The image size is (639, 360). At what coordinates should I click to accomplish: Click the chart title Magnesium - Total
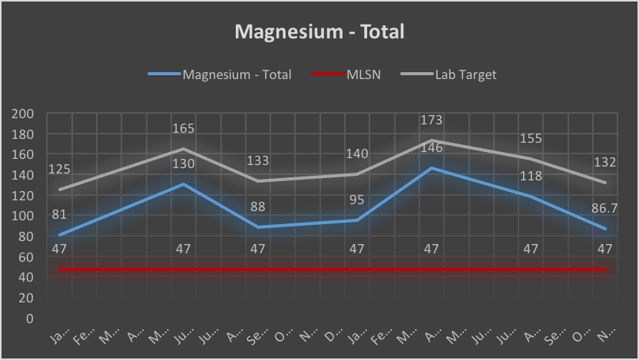pyautogui.click(x=319, y=31)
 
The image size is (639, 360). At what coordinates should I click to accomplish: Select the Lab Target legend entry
pyautogui.click(x=465, y=74)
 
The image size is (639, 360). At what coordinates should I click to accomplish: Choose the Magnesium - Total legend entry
pyautogui.click(x=237, y=74)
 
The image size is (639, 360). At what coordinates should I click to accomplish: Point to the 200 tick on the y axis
pyautogui.click(x=25, y=114)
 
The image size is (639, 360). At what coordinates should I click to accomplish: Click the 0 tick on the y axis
pyautogui.click(x=31, y=318)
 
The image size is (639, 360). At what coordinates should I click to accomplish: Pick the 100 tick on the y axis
pyautogui.click(x=25, y=216)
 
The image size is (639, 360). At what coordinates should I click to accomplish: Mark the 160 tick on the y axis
pyautogui.click(x=25, y=154)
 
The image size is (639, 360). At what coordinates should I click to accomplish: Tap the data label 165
pyautogui.click(x=183, y=129)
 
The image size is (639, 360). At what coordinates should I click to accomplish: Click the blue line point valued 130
pyautogui.click(x=184, y=184)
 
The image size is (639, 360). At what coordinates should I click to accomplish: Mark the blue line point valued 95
pyautogui.click(x=357, y=220)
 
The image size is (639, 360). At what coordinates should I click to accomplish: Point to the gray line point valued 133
pyautogui.click(x=259, y=181)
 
